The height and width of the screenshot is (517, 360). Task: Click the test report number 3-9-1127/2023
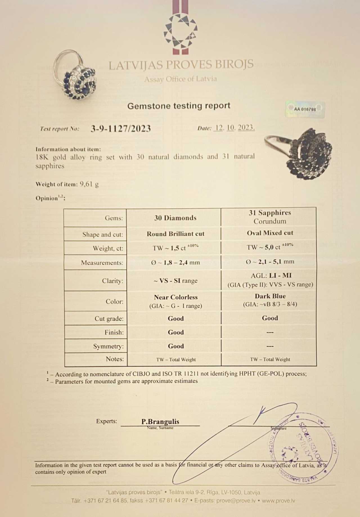pos(121,129)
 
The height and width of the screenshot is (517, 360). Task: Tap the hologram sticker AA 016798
pos(305,109)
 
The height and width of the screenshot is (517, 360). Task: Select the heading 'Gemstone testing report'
pos(179,106)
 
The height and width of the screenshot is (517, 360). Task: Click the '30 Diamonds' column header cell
pos(175,218)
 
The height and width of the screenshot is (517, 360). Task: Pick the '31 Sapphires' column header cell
pos(269,217)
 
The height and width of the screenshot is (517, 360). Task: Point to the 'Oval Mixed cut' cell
pos(270,233)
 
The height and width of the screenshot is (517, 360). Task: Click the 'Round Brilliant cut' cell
pos(175,234)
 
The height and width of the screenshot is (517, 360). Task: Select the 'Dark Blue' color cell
pos(270,300)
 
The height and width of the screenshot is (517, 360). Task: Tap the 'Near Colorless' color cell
pos(175,301)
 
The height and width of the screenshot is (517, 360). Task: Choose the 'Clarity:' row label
pos(112,281)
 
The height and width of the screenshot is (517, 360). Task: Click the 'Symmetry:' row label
pos(108,346)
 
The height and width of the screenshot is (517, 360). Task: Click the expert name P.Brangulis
pos(160,421)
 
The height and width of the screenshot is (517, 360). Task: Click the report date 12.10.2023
pos(234,128)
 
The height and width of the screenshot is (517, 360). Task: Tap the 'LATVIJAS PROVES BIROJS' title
pos(181,65)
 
